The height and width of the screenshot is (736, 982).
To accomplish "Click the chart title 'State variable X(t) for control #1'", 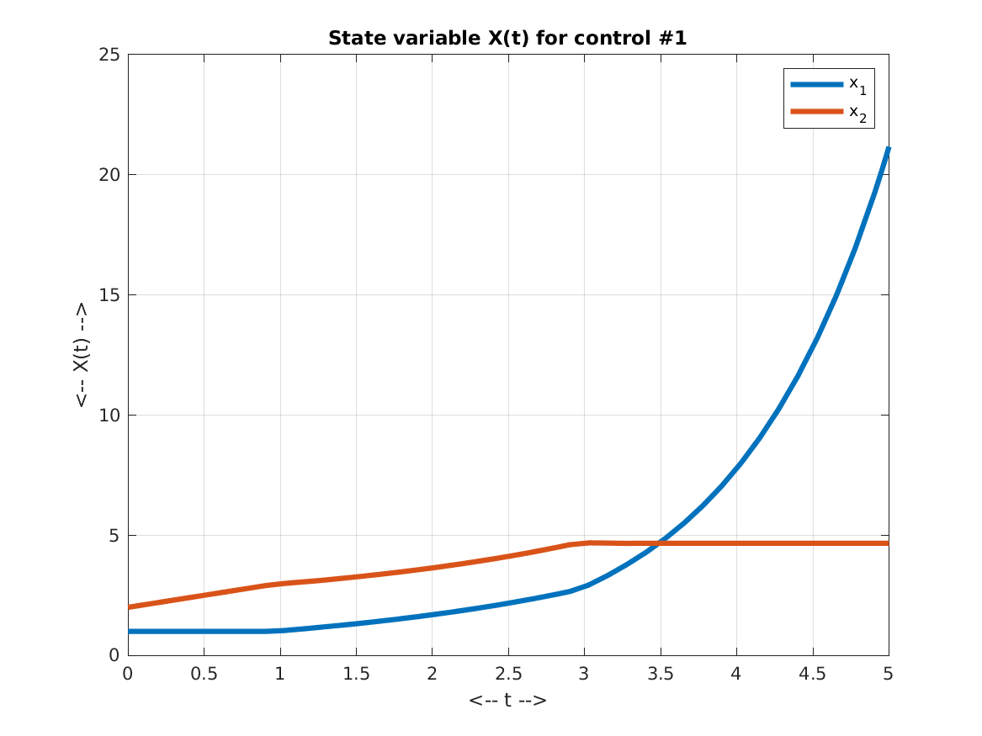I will tap(507, 39).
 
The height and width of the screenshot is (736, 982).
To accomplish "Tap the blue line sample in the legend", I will tap(816, 83).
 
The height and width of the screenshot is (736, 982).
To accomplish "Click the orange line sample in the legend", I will tap(816, 111).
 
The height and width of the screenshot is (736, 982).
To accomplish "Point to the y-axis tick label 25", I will tap(110, 55).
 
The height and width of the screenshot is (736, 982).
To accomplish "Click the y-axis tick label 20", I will tap(110, 175).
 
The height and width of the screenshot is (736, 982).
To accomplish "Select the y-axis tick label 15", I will tap(110, 295).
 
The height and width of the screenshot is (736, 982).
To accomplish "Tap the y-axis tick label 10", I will tap(110, 416).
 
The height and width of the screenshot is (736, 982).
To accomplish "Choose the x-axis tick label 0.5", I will tap(204, 674).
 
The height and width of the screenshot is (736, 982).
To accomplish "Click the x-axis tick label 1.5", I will tap(356, 674).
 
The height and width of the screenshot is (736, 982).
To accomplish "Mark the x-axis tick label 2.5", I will tap(508, 674).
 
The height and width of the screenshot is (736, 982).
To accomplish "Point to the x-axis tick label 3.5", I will tap(661, 674).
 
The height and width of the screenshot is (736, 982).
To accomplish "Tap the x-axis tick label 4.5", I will tap(812, 674).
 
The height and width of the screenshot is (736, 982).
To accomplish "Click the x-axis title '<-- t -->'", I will tap(507, 700).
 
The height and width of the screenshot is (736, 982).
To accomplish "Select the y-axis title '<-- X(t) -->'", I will tap(81, 355).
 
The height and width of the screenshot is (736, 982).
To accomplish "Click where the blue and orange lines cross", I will tap(659, 543).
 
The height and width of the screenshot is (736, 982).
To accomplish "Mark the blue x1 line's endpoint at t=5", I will tap(888, 149).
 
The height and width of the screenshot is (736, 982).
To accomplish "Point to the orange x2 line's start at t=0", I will tap(129, 606).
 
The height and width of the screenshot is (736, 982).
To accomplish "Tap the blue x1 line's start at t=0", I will tap(129, 631).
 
